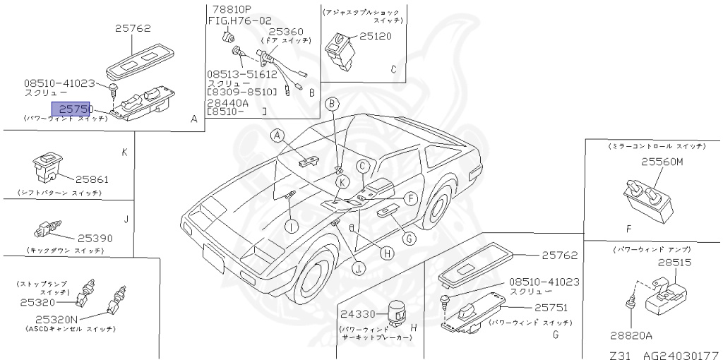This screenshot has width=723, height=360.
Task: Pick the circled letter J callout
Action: pyautogui.click(x=359, y=268)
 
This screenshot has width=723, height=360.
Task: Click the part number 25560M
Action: pyautogui.click(x=662, y=162)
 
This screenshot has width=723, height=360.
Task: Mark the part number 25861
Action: pyautogui.click(x=92, y=179)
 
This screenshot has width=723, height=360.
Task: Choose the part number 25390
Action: pyautogui.click(x=95, y=238)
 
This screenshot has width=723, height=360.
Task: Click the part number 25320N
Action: pyautogui.click(x=60, y=318)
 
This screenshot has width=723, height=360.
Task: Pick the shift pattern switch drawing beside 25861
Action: pyautogui.click(x=48, y=167)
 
